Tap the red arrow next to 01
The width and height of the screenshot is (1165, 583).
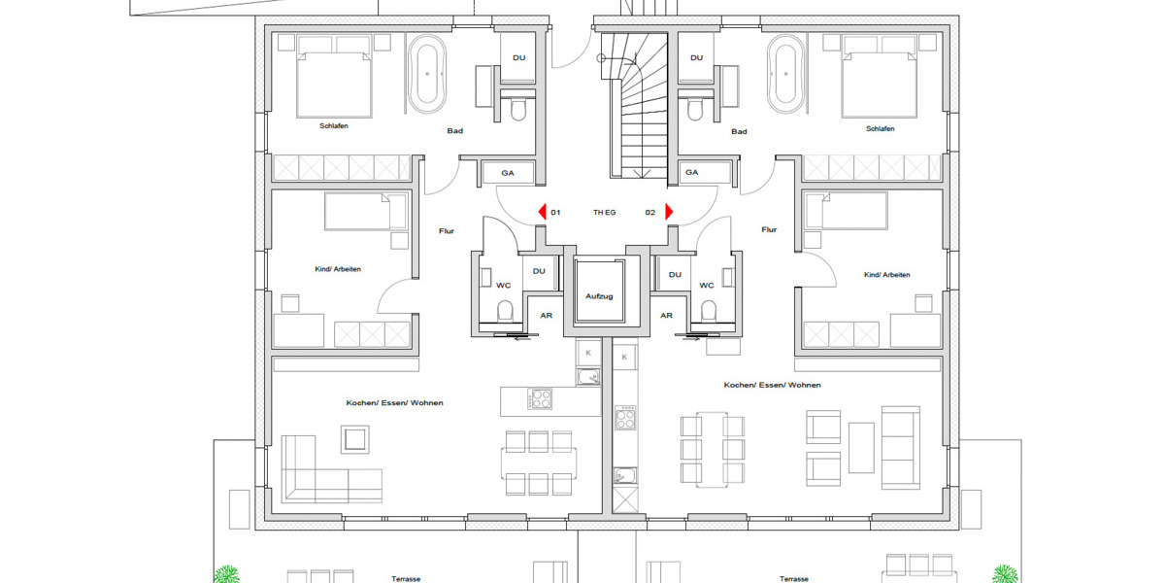(543, 211)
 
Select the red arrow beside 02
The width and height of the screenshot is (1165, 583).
(669, 211)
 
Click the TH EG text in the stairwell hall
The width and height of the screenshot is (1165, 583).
(604, 212)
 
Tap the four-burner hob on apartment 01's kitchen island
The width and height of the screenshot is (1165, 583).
(540, 399)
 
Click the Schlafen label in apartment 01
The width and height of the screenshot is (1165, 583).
(334, 126)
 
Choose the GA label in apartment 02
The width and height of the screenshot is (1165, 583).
(692, 173)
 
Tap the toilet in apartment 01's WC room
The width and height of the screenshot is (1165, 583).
(504, 311)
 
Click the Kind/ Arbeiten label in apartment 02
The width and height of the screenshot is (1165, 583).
(886, 275)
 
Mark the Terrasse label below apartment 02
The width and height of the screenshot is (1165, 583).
(793, 579)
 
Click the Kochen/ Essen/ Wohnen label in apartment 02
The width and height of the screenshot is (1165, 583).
(772, 385)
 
